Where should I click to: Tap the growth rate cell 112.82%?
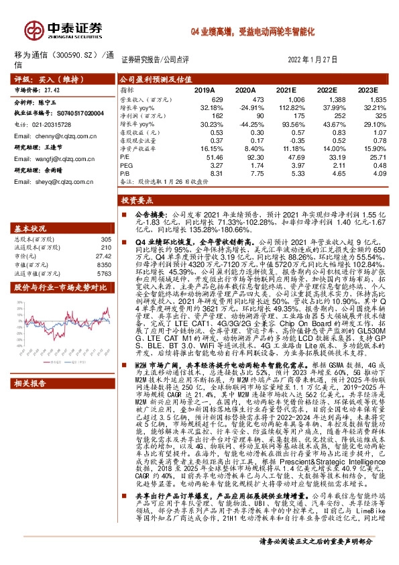pos(291,107)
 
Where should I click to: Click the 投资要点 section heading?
pos(138,200)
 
